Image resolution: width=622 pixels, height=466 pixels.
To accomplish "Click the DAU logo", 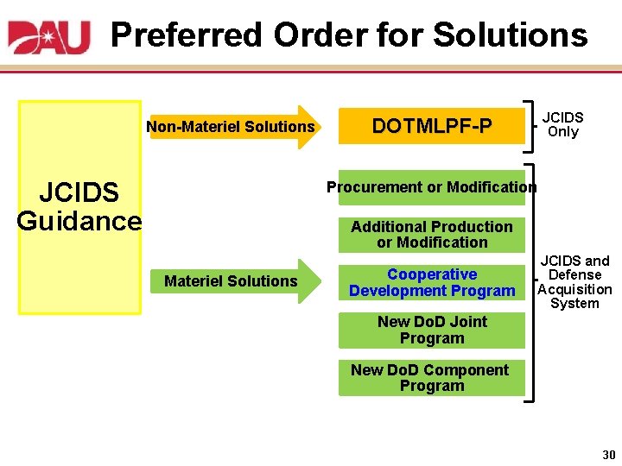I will pyautogui.click(x=49, y=36).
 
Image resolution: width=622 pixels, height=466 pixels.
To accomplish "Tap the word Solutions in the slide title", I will pyautogui.click(x=510, y=35).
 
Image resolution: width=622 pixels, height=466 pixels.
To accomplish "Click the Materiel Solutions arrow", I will pyautogui.click(x=232, y=281).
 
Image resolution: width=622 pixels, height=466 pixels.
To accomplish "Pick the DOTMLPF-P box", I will pyautogui.click(x=431, y=127).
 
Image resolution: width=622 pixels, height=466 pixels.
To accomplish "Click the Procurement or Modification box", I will pyautogui.click(x=431, y=187).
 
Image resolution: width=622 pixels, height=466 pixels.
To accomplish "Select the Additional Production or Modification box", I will pyautogui.click(x=431, y=235).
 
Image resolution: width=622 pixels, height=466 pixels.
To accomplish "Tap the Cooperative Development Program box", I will pyautogui.click(x=431, y=282).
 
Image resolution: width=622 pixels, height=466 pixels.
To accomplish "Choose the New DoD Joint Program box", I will pyautogui.click(x=431, y=330).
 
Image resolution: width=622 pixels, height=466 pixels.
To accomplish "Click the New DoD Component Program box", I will pyautogui.click(x=431, y=378).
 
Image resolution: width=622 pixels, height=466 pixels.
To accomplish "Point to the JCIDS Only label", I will pyautogui.click(x=562, y=124).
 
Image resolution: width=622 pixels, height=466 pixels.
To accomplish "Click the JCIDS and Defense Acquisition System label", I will pyautogui.click(x=574, y=281).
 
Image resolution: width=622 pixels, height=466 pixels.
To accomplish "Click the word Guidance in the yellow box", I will pyautogui.click(x=79, y=221).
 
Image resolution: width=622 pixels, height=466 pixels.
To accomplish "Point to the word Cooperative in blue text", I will pyautogui.click(x=431, y=274).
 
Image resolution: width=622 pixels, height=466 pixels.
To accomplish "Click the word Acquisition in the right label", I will pyautogui.click(x=574, y=289).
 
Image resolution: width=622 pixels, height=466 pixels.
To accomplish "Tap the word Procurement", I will pyautogui.click(x=374, y=187).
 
